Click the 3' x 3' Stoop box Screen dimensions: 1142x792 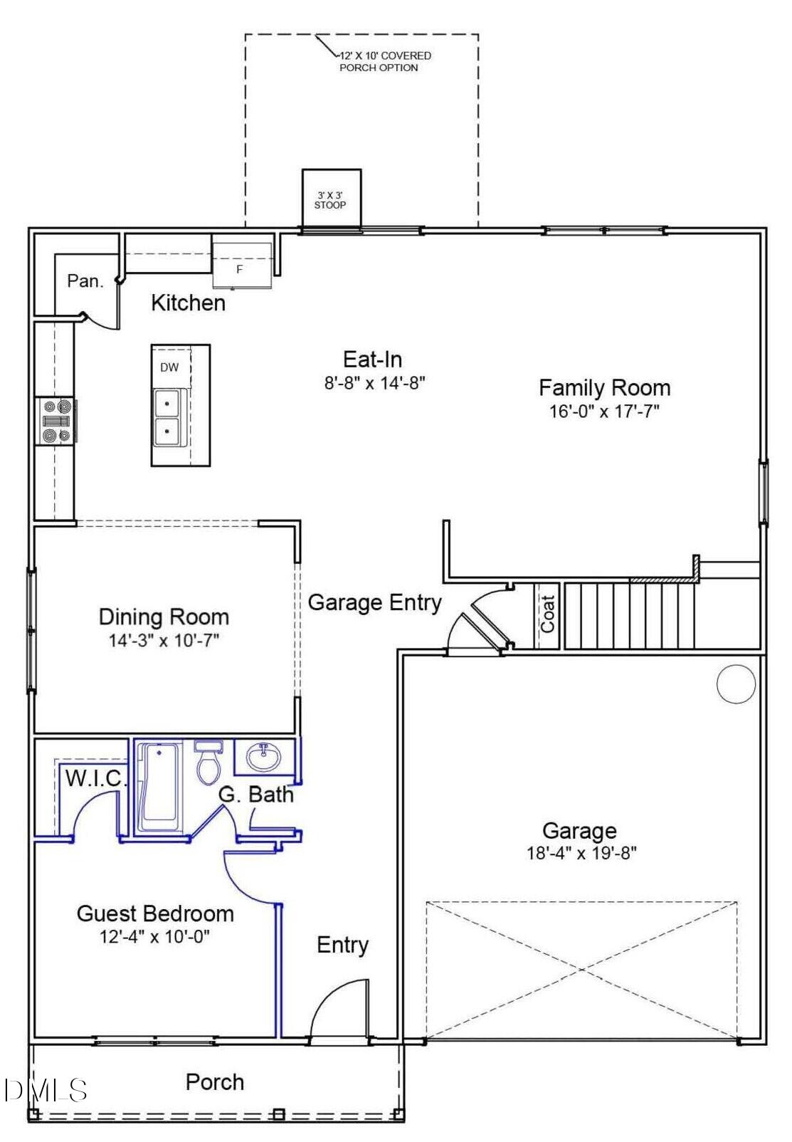tap(331, 199)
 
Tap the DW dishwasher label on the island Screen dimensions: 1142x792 tap(169, 368)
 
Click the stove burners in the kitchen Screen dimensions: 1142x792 tap(56, 421)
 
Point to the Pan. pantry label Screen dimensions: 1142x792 tap(85, 281)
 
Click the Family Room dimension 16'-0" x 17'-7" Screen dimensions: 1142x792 tap(604, 412)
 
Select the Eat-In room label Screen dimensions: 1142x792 tap(372, 359)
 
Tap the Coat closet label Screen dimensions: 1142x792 tap(547, 614)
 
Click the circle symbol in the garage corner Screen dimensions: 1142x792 tap(735, 684)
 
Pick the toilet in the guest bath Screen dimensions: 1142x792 tap(208, 765)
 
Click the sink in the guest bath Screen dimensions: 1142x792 tap(264, 757)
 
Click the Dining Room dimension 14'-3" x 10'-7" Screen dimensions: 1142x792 tap(163, 640)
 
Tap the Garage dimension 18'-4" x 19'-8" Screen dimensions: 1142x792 tap(581, 853)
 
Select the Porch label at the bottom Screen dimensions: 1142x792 tap(215, 1082)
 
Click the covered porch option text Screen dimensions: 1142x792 tap(384, 61)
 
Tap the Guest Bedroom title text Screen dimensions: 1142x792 tap(155, 913)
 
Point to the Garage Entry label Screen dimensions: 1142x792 tap(374, 602)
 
